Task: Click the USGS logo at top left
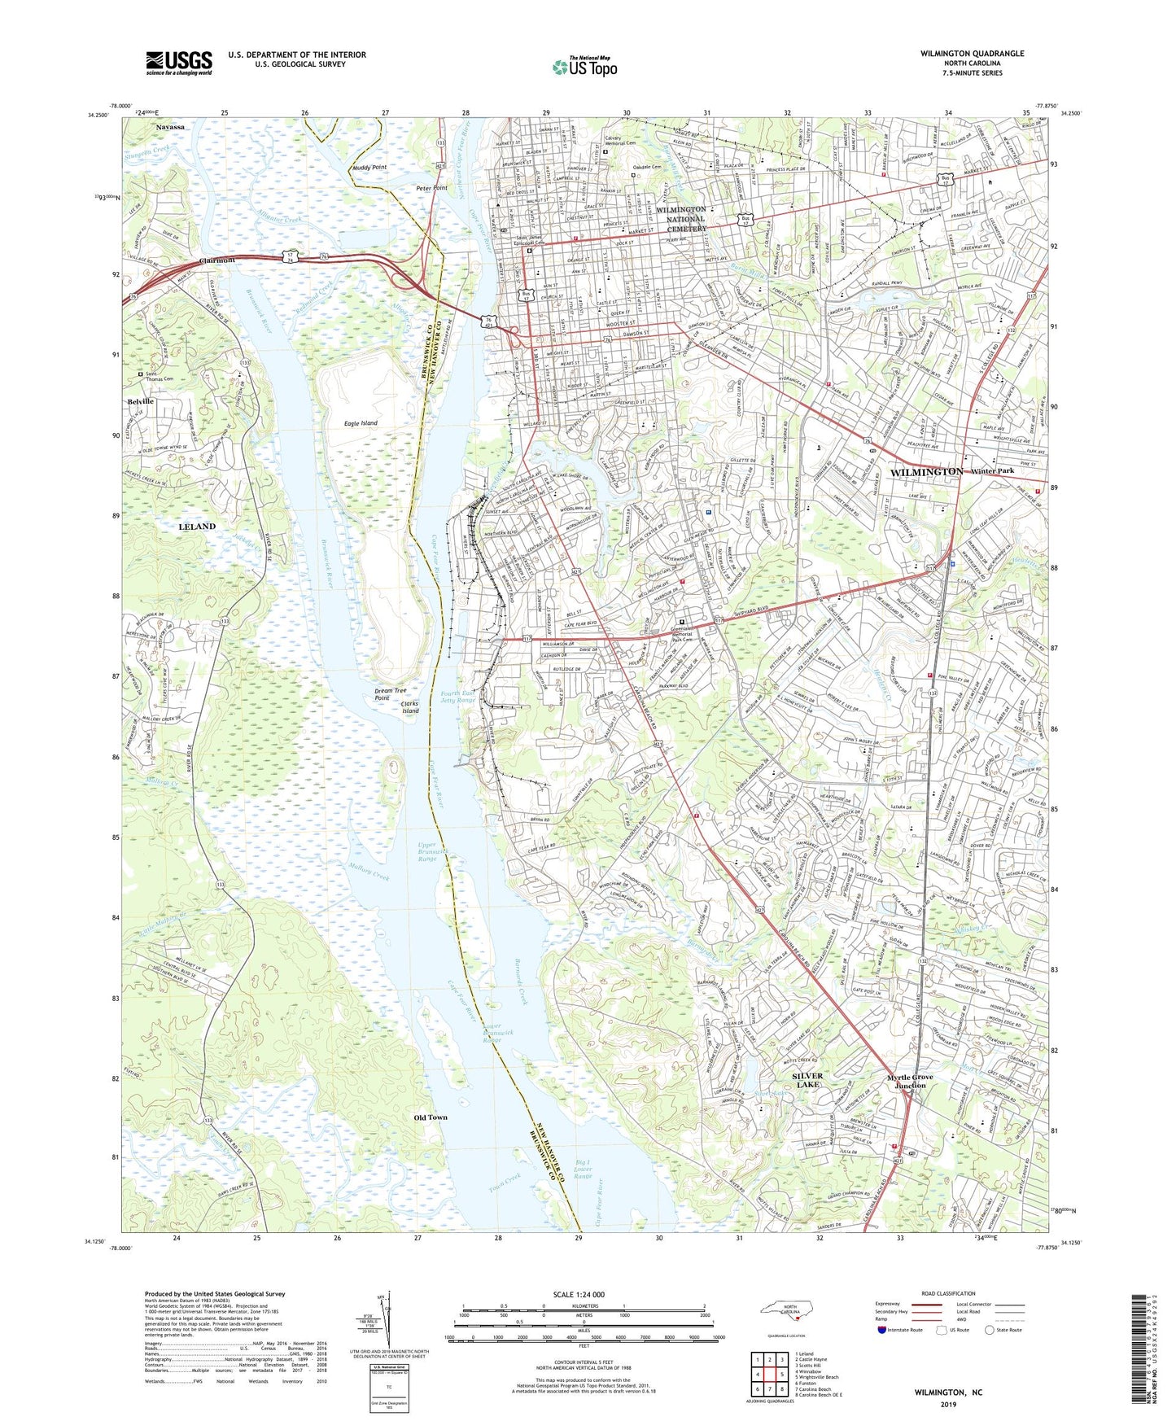point(179,62)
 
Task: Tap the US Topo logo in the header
point(584,67)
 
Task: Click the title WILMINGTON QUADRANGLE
point(960,54)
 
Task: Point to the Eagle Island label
point(361,424)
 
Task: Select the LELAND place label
point(197,527)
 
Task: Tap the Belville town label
point(140,402)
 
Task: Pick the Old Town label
point(431,1117)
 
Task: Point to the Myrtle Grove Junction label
point(910,1081)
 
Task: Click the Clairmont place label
point(217,260)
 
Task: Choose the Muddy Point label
point(369,168)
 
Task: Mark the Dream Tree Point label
point(390,694)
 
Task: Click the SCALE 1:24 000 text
point(579,1295)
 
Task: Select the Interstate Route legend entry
point(901,1330)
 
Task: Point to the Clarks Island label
point(410,707)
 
